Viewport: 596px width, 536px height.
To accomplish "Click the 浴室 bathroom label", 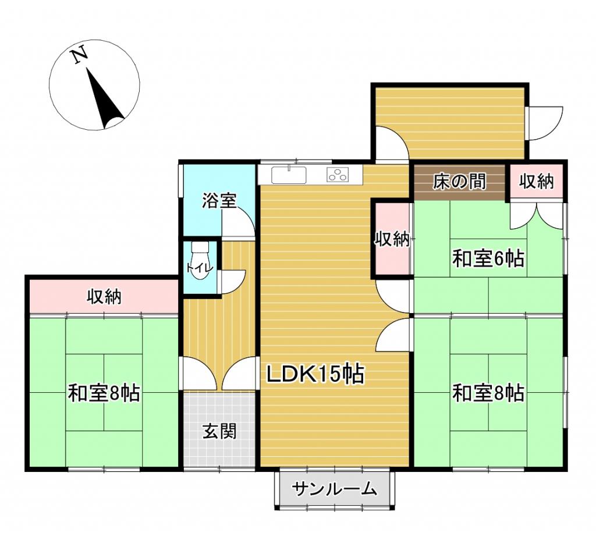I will click(219, 201).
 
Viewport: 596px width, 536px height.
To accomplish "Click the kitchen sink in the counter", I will click(289, 174).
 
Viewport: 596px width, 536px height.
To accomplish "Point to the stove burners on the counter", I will click(338, 174).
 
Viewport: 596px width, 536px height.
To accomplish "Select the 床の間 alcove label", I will click(459, 182).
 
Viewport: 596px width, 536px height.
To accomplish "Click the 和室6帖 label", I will click(488, 258).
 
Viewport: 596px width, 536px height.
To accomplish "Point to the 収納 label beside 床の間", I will click(536, 182).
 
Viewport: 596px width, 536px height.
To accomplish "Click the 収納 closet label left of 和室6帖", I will click(392, 239).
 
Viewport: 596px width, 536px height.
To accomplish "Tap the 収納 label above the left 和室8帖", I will click(104, 297).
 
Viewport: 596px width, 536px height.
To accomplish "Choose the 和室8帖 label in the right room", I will click(488, 393).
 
